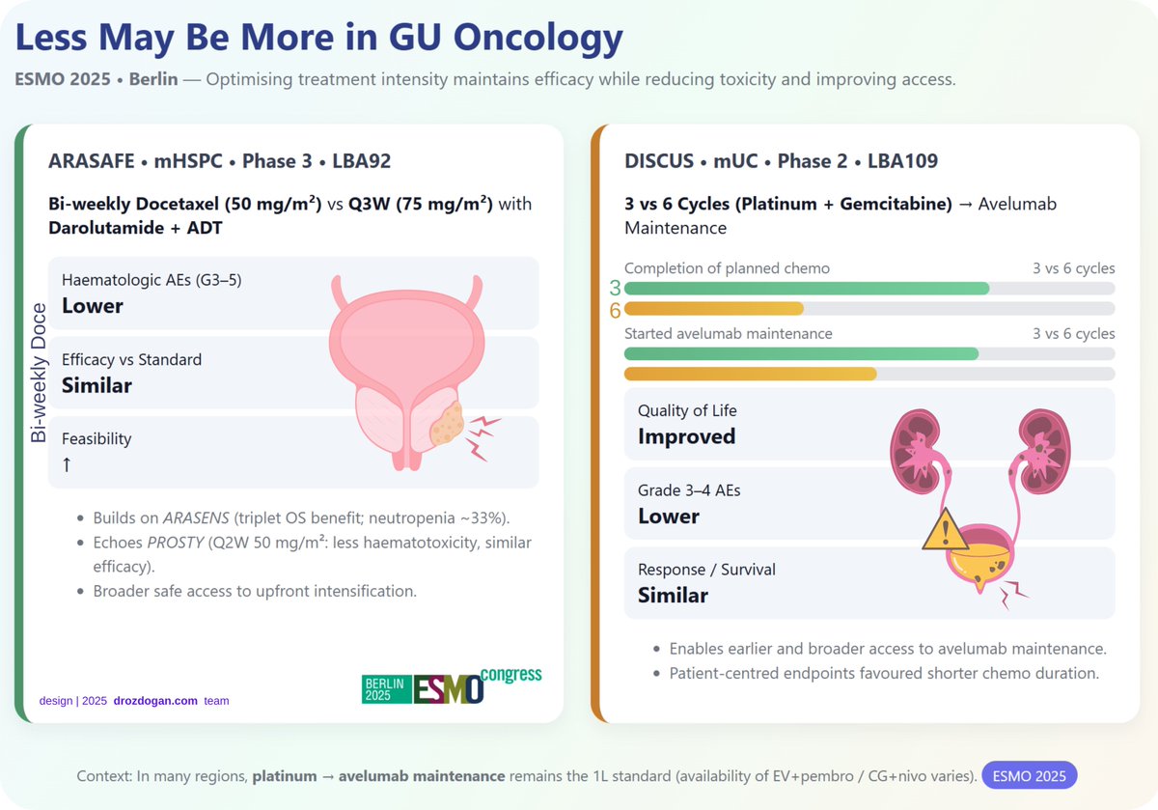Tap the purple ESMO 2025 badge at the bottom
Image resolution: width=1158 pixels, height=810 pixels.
click(1029, 776)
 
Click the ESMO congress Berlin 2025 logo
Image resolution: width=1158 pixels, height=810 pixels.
click(451, 686)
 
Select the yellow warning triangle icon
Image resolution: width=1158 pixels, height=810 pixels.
click(946, 532)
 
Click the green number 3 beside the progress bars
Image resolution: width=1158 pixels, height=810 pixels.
click(615, 288)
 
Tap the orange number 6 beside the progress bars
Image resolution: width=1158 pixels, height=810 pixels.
click(615, 310)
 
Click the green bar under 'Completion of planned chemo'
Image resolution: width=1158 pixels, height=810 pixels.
click(807, 288)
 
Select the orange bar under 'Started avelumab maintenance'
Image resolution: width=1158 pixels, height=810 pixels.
click(751, 374)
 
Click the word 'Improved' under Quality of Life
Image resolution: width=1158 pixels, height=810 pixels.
click(686, 436)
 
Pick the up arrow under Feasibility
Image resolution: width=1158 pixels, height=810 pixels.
click(67, 464)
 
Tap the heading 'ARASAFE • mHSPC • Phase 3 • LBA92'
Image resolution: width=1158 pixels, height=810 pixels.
click(219, 161)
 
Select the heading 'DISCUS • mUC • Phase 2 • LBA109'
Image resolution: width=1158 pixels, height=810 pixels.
click(781, 161)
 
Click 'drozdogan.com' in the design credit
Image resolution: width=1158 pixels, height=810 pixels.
click(154, 700)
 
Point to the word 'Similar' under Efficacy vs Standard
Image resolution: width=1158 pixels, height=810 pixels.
click(96, 385)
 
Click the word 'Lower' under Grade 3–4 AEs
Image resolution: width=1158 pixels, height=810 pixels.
click(668, 516)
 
